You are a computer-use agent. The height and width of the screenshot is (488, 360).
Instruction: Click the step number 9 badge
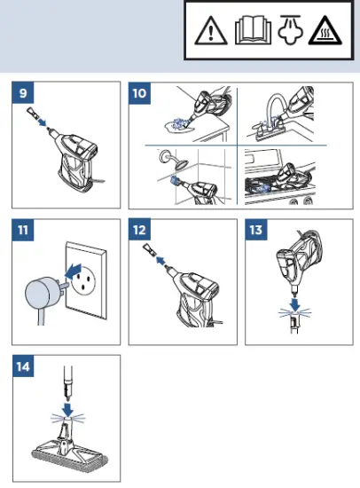tap(23, 93)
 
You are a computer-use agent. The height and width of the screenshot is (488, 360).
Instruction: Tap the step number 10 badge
tap(139, 93)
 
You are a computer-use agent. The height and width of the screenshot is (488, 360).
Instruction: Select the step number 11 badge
tap(23, 230)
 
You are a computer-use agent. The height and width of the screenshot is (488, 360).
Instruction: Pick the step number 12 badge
tap(139, 230)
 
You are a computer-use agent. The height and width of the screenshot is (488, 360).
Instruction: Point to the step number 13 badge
tap(256, 230)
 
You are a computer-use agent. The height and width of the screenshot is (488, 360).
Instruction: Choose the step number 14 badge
tap(23, 366)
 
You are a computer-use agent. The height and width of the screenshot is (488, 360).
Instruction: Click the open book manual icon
tap(253, 30)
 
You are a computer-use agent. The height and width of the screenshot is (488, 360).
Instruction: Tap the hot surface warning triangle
tap(325, 30)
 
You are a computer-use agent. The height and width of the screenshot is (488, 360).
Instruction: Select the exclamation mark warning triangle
tap(211, 30)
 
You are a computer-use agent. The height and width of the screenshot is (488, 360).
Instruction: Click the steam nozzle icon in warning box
tap(290, 30)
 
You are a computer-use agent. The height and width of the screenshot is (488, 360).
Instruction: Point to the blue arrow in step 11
tap(73, 272)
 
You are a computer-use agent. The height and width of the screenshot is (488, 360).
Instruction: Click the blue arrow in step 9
tap(42, 122)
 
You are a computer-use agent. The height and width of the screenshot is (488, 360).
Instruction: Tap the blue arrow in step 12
tap(160, 260)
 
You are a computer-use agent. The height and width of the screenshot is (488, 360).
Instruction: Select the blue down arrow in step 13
tap(294, 304)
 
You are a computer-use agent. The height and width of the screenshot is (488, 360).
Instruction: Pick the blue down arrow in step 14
tap(67, 410)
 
